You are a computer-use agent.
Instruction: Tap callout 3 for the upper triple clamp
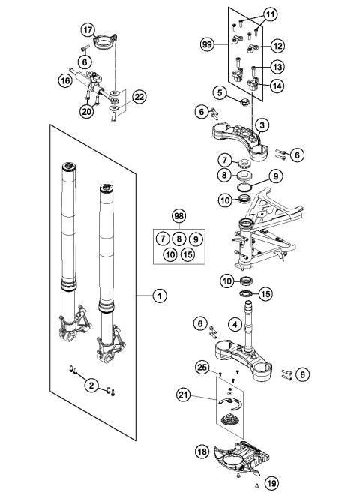coord(260,124)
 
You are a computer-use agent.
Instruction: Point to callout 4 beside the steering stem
coord(235,325)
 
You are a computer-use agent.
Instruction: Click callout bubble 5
coord(219,93)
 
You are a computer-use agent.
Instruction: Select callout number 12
coord(277,46)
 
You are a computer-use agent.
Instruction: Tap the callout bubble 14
coord(277,86)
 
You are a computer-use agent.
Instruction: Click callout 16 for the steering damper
coord(64,78)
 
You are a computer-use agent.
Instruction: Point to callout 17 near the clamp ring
coord(88,31)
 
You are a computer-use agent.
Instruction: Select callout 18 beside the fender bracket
coord(202,453)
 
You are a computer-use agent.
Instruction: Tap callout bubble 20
coord(86,112)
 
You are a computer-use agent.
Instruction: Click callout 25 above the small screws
coord(200,365)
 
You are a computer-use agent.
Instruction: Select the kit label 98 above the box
coord(178,216)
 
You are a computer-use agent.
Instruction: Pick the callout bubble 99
coord(208,46)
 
